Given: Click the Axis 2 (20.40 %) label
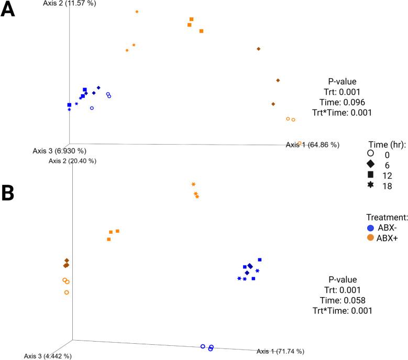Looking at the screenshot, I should [72, 161].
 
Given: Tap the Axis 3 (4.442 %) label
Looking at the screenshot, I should [48, 356].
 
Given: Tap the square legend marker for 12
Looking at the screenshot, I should [370, 174].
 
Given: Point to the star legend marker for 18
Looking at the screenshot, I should [370, 186].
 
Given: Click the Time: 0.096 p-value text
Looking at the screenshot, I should [342, 102].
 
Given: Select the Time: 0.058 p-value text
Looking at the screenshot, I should [342, 300].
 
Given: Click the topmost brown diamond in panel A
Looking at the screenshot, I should [259, 49].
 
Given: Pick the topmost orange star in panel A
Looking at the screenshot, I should [137, 12].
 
